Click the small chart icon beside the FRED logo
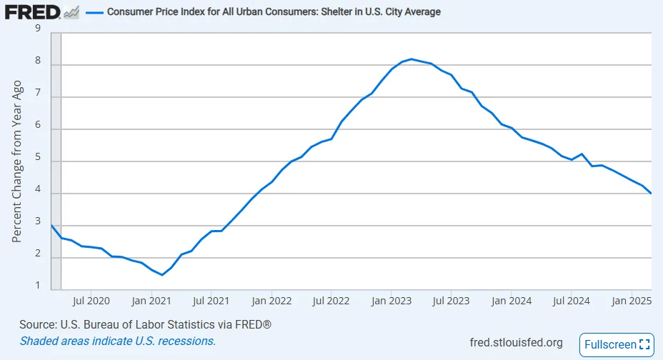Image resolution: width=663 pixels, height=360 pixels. click(x=71, y=13)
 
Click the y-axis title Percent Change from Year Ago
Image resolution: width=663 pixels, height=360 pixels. click(x=18, y=160)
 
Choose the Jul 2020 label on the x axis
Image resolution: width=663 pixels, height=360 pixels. click(x=91, y=301)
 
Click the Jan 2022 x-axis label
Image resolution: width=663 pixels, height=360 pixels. click(x=271, y=301)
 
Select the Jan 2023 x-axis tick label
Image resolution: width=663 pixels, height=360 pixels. click(x=392, y=301)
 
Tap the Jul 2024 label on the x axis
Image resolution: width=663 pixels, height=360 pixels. click(x=572, y=301)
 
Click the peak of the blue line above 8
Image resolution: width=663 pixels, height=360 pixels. click(x=412, y=59)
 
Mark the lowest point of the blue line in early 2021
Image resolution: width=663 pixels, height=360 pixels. click(x=161, y=275)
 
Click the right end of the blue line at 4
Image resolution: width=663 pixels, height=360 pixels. click(x=651, y=194)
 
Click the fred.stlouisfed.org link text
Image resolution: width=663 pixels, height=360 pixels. click(x=517, y=343)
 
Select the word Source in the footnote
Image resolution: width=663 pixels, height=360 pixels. click(x=38, y=325)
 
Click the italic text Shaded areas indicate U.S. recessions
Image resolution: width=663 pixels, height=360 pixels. click(x=118, y=341)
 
